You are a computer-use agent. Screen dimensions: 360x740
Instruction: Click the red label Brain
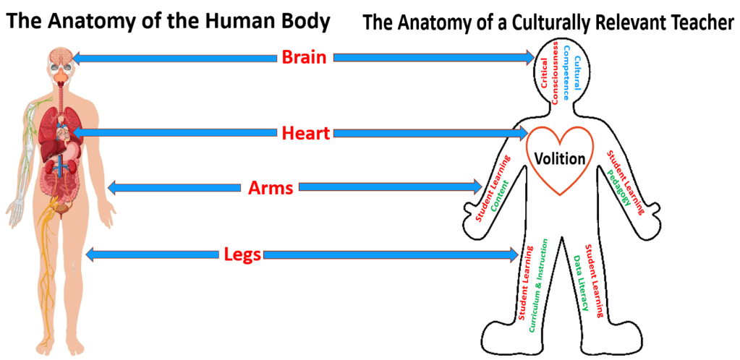click(x=304, y=57)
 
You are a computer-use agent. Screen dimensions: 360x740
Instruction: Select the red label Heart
click(x=305, y=133)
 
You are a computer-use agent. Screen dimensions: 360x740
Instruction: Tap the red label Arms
click(x=270, y=188)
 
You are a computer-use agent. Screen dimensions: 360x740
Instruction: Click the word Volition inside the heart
click(x=559, y=158)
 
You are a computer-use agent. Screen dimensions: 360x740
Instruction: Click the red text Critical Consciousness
click(x=549, y=74)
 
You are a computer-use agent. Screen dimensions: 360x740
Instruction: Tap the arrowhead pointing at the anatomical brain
click(x=78, y=57)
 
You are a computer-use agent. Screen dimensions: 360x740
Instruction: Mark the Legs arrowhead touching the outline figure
click(x=514, y=254)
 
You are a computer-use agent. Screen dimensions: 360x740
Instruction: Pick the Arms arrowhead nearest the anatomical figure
click(x=113, y=188)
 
